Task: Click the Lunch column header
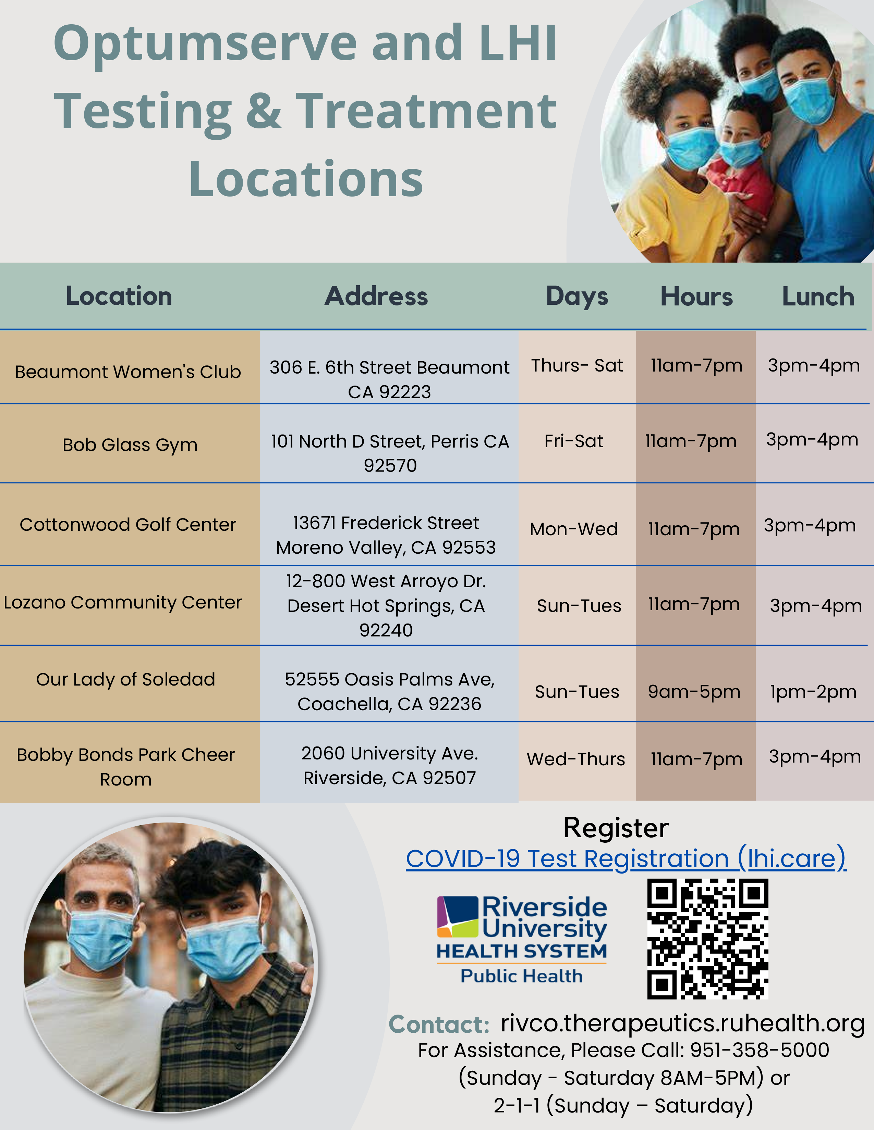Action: [818, 297]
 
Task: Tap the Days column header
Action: [577, 297]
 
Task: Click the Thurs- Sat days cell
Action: [577, 365]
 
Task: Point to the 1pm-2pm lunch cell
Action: [813, 692]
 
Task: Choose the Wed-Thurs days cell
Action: [576, 759]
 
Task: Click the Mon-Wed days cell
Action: [574, 529]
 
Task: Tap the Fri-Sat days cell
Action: [574, 441]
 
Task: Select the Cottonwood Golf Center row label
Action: [128, 525]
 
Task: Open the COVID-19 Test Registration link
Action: [626, 858]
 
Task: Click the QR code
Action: [707, 939]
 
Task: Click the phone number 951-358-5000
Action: [760, 1050]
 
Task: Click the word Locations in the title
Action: [306, 179]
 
